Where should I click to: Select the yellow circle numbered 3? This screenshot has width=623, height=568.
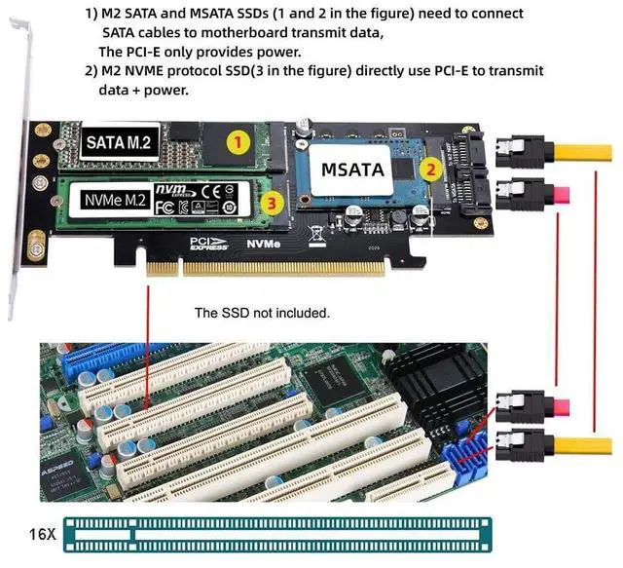click(x=275, y=203)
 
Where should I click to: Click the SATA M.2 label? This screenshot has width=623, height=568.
click(x=119, y=142)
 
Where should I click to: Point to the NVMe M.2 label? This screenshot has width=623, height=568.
click(x=114, y=201)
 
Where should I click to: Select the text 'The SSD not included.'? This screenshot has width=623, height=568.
click(x=263, y=313)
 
